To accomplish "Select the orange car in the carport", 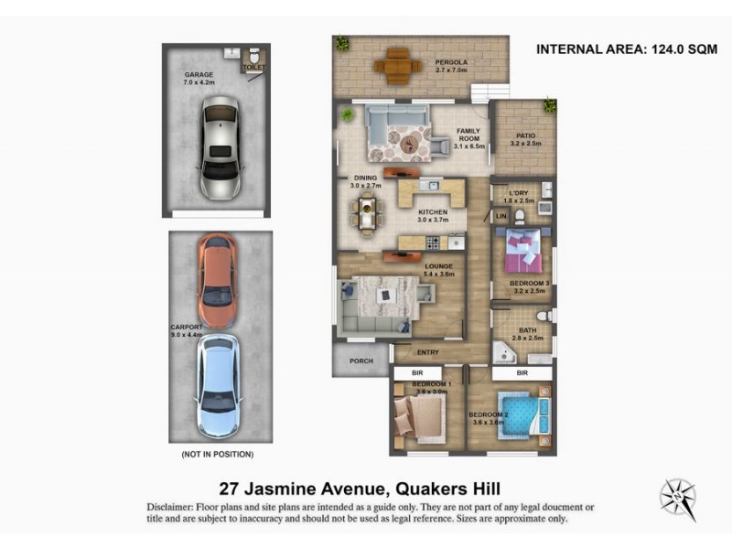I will (x=217, y=282).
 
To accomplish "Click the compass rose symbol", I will (x=678, y=499).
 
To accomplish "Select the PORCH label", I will (x=361, y=361).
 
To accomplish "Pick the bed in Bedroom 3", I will (x=526, y=251).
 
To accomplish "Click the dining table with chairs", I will (x=367, y=212).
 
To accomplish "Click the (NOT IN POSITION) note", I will (x=218, y=454).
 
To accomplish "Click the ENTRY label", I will (x=427, y=352).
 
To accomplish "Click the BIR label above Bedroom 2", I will (x=522, y=373).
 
